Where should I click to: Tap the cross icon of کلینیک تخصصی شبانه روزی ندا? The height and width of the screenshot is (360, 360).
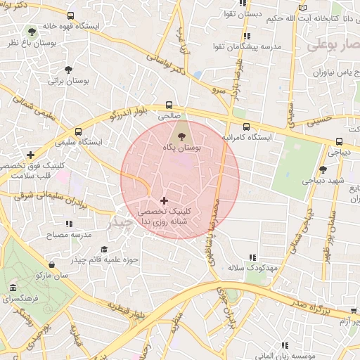[x=164, y=200]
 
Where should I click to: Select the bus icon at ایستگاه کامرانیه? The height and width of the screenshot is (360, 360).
[x=245, y=127]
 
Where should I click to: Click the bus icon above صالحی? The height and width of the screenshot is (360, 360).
[x=168, y=103]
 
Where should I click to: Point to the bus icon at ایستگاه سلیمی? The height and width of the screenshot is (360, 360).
[x=78, y=131]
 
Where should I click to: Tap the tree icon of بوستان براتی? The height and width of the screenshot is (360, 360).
[x=68, y=70]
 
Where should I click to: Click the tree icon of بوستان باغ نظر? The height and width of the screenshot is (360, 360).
[x=31, y=32]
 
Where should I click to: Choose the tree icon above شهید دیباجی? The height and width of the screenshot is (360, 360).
[x=323, y=169]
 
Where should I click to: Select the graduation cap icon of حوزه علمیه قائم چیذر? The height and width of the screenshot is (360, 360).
[x=105, y=249]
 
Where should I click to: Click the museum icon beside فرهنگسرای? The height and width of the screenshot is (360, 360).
[x=13, y=288]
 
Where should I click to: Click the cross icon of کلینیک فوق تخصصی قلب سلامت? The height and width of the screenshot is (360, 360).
[x=30, y=155]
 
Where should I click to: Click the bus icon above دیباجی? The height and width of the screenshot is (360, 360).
[x=340, y=141]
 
